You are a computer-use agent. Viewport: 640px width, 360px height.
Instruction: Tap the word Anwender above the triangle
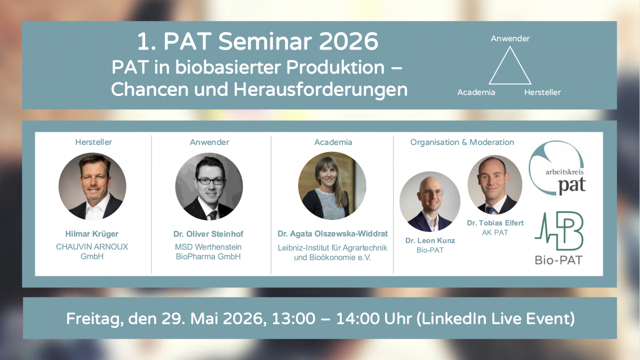510,38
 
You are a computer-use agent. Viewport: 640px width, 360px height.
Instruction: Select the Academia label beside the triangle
476,92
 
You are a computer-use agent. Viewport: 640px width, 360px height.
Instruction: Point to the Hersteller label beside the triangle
542,92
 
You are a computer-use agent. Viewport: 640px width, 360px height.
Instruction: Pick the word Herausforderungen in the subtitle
321,90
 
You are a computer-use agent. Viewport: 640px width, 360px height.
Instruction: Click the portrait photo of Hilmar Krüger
92,186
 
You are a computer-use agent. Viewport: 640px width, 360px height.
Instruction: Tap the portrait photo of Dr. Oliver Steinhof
209,186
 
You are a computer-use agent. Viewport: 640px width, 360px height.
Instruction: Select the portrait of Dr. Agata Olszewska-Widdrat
332,186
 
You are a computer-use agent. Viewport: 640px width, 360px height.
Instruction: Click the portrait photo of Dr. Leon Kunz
430,202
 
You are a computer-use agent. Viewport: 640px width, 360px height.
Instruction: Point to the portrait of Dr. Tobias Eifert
495,185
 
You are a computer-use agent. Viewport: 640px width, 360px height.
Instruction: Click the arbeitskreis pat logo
557,169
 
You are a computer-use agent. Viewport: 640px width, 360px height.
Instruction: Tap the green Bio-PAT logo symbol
559,231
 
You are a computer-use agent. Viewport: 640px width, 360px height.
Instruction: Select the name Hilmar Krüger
92,234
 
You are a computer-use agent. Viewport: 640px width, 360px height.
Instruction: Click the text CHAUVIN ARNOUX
92,247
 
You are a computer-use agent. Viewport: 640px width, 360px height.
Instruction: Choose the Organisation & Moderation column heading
462,142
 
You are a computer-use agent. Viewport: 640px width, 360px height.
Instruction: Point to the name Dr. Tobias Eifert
495,223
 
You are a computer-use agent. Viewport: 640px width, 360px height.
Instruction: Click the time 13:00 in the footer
293,318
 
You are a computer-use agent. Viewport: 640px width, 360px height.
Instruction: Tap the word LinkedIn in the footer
454,318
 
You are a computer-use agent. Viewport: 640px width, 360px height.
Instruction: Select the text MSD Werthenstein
208,247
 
